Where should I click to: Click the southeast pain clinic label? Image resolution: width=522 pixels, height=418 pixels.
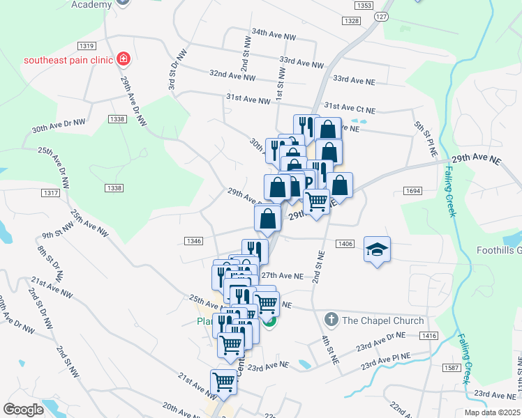[x=68, y=60]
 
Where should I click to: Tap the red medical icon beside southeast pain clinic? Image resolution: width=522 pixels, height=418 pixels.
[x=124, y=59]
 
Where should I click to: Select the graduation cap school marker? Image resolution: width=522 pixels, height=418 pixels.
[x=377, y=249]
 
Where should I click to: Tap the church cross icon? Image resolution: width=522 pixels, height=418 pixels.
[x=331, y=320]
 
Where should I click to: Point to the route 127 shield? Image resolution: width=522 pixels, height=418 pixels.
[x=380, y=17]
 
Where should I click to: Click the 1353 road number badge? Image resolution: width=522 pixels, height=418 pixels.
[x=363, y=6]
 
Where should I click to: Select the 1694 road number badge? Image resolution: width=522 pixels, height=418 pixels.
[x=412, y=190]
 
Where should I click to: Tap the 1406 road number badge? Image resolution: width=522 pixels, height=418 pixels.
[x=345, y=243]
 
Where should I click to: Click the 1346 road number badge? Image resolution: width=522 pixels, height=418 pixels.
[x=194, y=241]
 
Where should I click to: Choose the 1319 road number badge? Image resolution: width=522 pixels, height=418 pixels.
[x=87, y=46]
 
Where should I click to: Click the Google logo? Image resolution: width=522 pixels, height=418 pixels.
[x=23, y=410]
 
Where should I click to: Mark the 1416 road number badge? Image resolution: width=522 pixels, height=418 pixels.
[x=428, y=336]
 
